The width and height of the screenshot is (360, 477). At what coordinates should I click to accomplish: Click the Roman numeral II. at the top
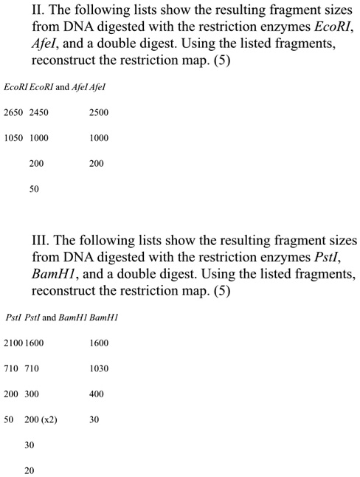click(x=39, y=13)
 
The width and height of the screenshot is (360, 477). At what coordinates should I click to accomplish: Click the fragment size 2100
click(x=13, y=343)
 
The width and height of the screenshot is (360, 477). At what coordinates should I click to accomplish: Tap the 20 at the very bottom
click(x=29, y=471)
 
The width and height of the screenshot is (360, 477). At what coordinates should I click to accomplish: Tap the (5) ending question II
click(x=221, y=63)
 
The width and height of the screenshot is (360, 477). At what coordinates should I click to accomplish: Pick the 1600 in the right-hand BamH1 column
click(x=98, y=343)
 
